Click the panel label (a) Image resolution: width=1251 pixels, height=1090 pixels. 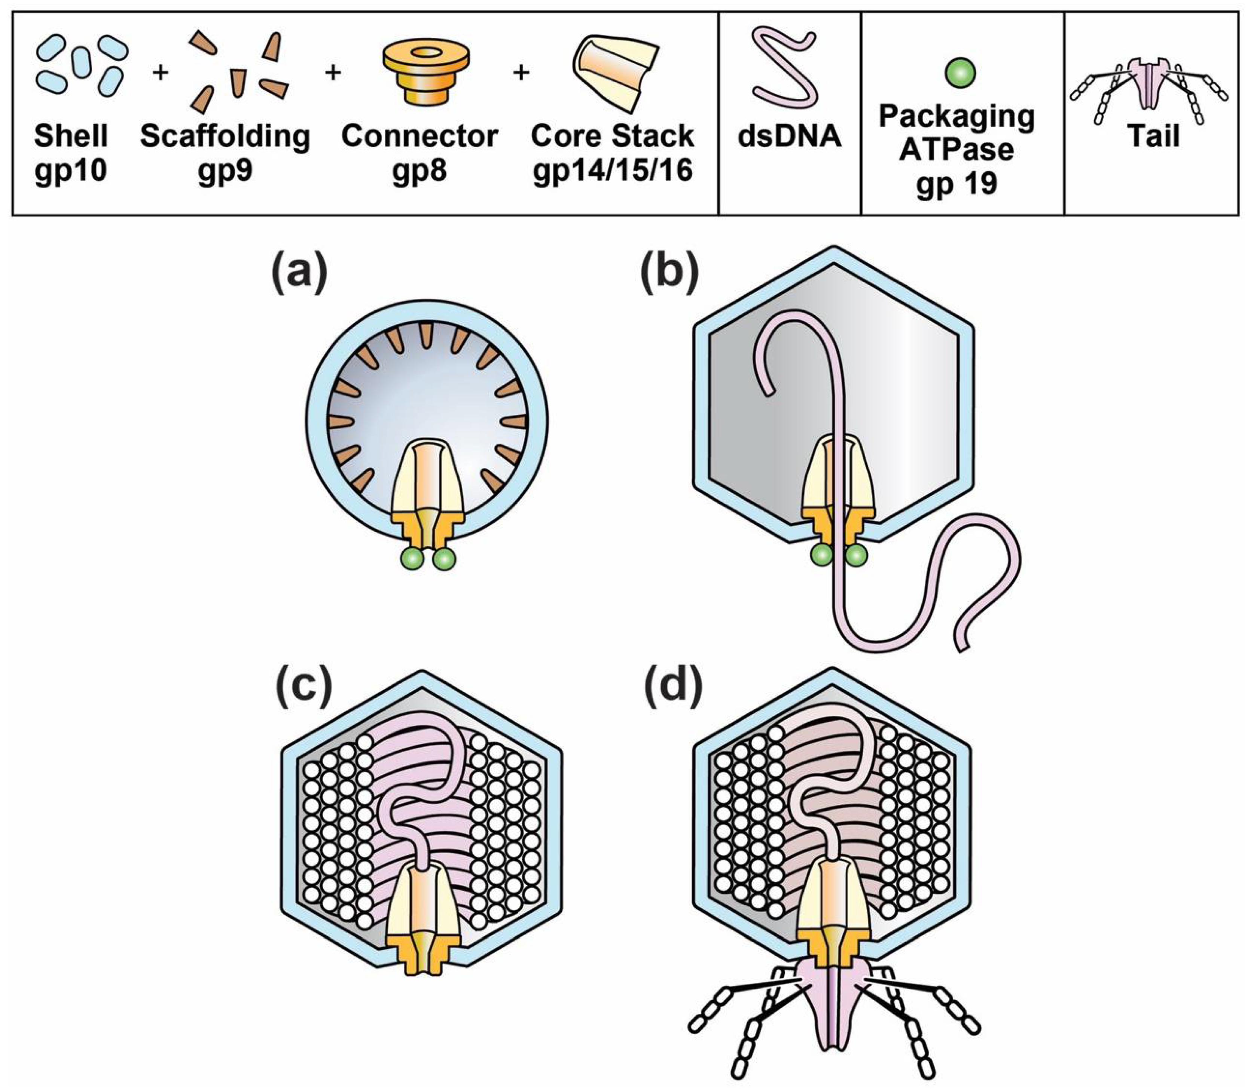click(299, 270)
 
